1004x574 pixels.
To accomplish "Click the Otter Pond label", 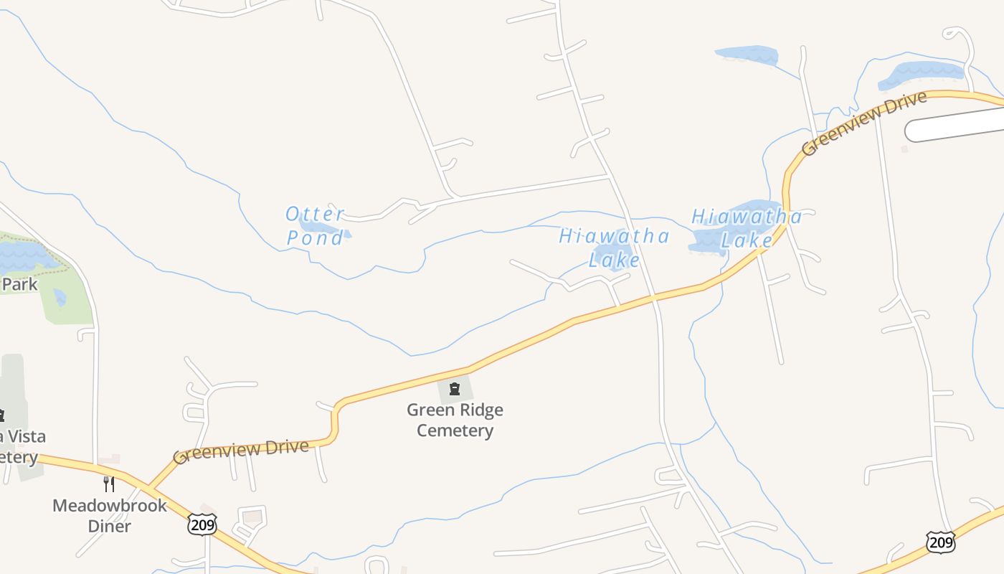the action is tap(316, 226).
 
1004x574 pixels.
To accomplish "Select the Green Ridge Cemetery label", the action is tap(455, 420).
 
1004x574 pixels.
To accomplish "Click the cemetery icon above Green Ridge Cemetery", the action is tap(454, 390).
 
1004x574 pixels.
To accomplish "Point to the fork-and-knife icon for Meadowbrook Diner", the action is tap(109, 484).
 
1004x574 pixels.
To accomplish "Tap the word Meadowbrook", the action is tap(110, 505).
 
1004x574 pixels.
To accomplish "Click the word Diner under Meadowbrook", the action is tap(110, 526).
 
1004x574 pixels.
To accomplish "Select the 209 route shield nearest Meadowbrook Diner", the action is tap(202, 523).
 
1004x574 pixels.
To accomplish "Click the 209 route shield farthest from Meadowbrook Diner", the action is tap(940, 542).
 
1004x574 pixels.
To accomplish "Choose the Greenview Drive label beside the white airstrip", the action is tap(864, 123).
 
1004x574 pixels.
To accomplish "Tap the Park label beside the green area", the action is tap(19, 284).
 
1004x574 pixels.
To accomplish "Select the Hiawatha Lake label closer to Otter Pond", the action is tap(615, 248).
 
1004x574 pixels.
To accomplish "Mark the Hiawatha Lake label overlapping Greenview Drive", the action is tap(747, 228).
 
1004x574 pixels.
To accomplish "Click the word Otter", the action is tap(315, 215).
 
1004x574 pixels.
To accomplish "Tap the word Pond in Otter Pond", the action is tap(316, 238).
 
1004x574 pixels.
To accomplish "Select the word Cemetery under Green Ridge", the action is tap(455, 430).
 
